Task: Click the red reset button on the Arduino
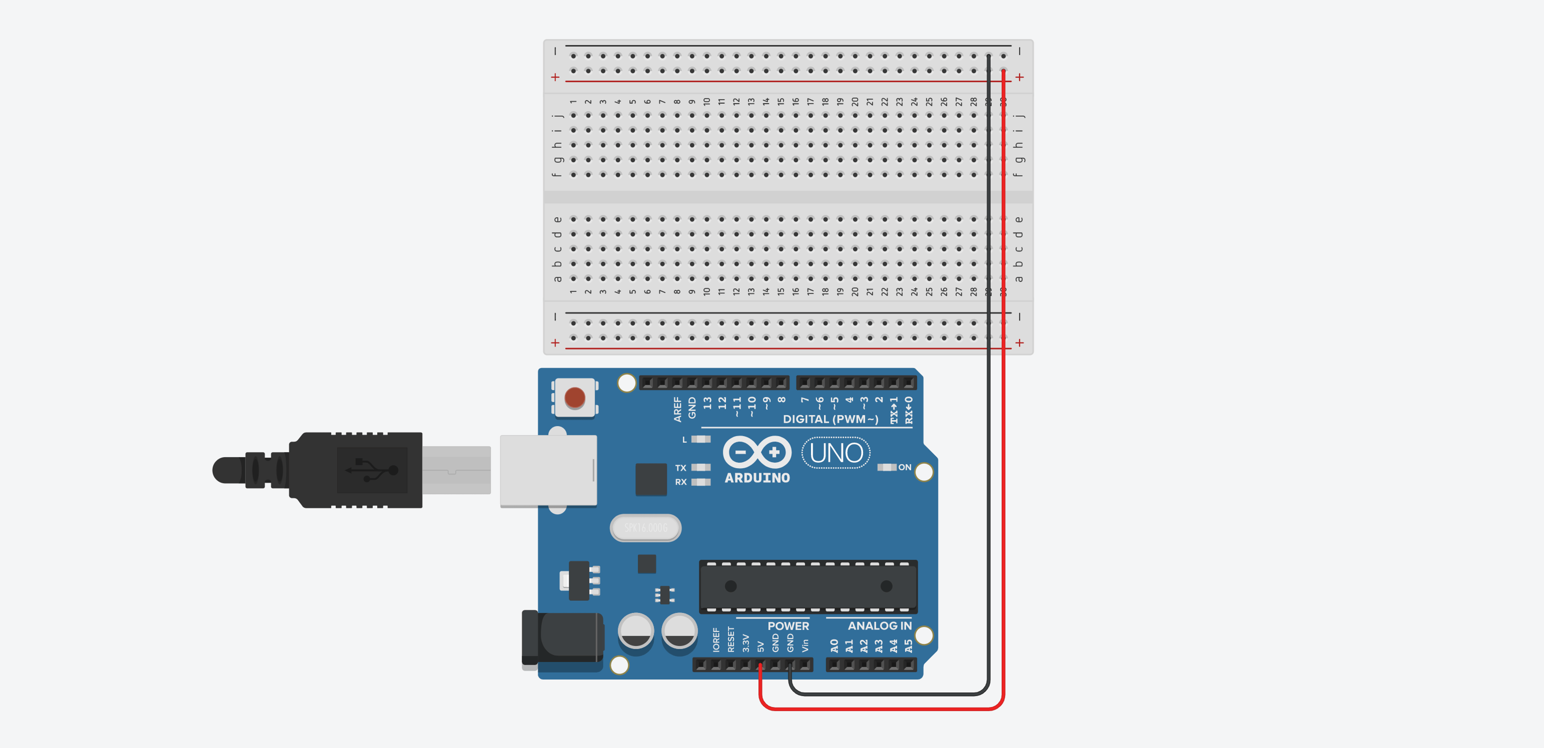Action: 574,397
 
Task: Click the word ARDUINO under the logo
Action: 757,478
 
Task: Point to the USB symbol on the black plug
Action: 372,470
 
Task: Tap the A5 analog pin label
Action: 908,646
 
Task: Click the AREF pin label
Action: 677,409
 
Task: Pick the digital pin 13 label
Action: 707,403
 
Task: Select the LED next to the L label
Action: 701,439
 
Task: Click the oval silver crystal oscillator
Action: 646,528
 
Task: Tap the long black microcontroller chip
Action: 808,586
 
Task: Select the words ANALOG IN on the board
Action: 879,626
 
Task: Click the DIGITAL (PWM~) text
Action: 830,419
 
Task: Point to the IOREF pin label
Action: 715,640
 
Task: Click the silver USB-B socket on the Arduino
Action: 548,470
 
